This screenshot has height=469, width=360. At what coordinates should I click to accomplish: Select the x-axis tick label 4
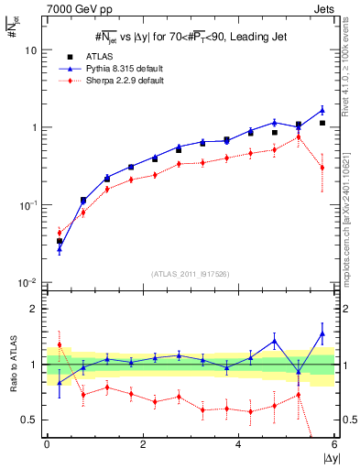[238, 444]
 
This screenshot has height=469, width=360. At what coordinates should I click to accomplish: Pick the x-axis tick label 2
[143, 444]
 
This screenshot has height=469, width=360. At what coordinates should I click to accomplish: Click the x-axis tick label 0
[47, 444]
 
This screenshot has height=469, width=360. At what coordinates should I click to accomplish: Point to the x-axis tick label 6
[333, 444]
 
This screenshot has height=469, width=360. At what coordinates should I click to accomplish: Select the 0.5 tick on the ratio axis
[32, 420]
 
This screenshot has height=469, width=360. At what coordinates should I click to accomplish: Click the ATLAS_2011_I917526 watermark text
[190, 273]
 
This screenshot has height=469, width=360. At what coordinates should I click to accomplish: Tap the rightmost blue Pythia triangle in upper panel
[322, 110]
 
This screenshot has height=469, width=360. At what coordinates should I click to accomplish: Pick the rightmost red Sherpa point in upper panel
[322, 168]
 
